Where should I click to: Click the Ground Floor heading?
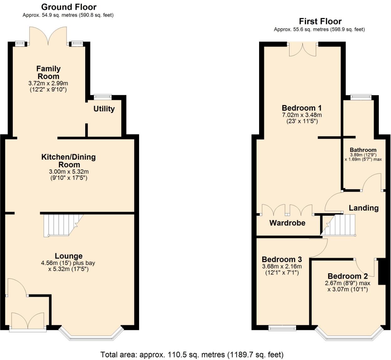[69, 7]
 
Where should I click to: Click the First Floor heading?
[320, 21]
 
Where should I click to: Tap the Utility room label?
[104, 109]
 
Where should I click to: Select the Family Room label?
[48, 72]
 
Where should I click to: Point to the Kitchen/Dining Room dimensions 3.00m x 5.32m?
[69, 172]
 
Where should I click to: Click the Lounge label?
[69, 256]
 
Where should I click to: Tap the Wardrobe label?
[287, 223]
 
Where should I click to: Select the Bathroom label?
[363, 150]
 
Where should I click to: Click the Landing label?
[363, 208]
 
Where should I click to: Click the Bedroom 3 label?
[282, 259]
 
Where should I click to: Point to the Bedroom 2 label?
[347, 276]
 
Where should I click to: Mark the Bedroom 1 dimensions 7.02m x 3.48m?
[302, 115]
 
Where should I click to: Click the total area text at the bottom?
[192, 354]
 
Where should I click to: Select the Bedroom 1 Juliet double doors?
[303, 49]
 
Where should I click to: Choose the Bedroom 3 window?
[282, 328]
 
